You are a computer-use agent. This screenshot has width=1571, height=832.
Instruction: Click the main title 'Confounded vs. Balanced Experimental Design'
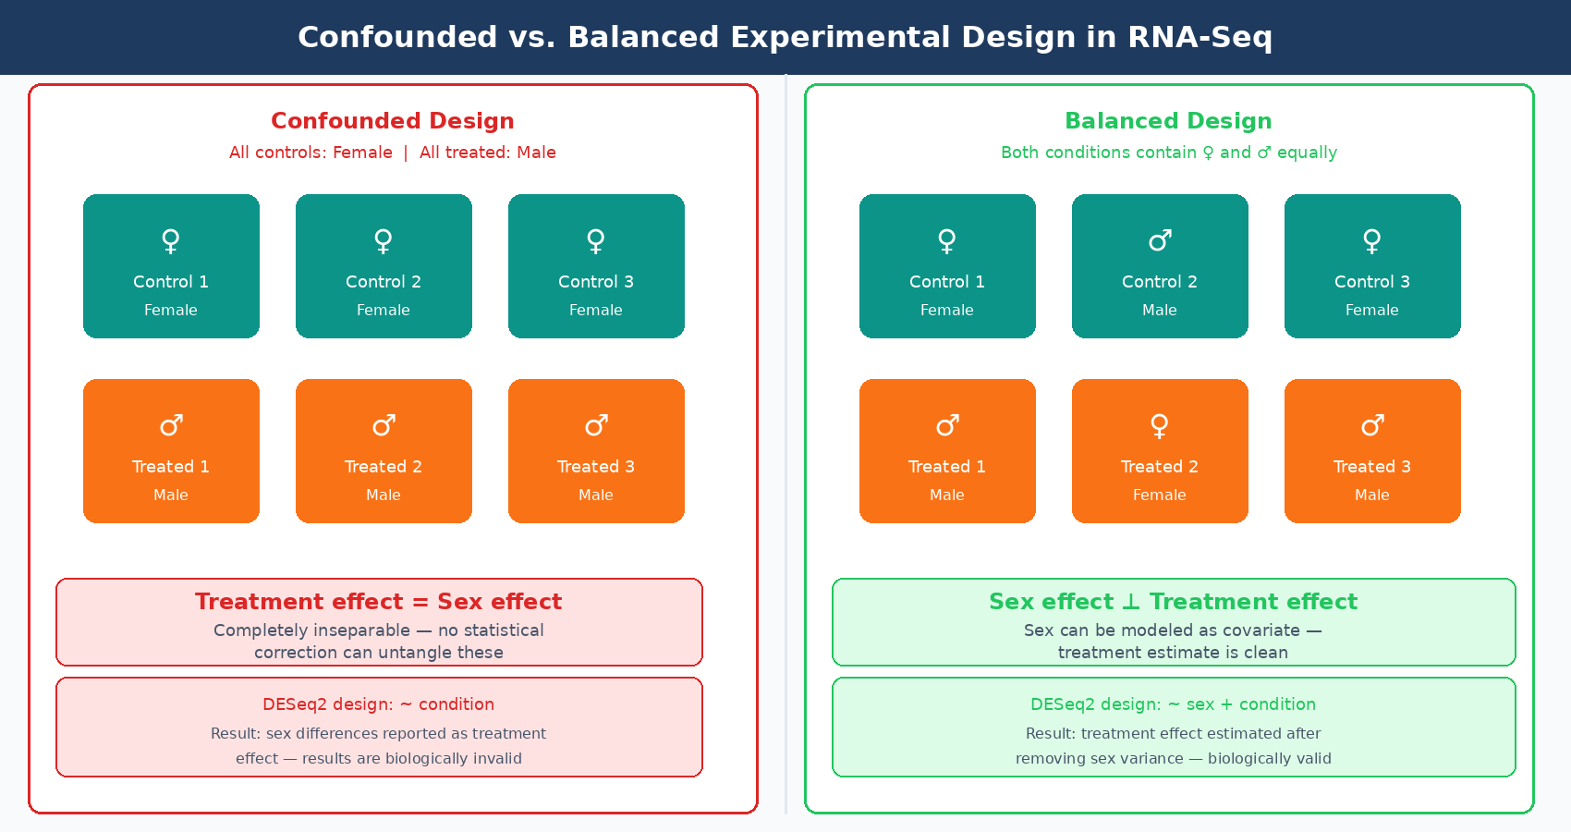[x=785, y=37]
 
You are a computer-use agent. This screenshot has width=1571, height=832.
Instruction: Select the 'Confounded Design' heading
[x=392, y=121]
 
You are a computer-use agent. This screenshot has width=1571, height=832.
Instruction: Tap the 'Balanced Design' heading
[x=1168, y=121]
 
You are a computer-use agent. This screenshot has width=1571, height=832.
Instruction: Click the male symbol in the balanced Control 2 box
[x=1160, y=240]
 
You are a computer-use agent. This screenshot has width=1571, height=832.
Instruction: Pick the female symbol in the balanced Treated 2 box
[x=1159, y=425]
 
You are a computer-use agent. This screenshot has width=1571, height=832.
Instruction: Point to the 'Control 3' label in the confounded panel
[x=596, y=282]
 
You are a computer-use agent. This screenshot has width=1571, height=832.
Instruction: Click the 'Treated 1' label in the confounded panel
[x=171, y=467]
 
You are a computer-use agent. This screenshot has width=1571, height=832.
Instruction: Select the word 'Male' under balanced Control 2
[x=1159, y=311]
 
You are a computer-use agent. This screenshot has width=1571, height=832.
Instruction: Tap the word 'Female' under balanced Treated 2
[x=1159, y=496]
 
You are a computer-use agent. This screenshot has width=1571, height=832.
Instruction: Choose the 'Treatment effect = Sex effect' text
[x=378, y=602]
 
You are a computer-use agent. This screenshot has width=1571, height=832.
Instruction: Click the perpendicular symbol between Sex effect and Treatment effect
[x=1131, y=602]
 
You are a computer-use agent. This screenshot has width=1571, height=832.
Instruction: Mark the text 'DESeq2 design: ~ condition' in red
[x=378, y=704]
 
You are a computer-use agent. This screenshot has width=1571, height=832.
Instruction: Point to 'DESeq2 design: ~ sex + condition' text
[x=1173, y=704]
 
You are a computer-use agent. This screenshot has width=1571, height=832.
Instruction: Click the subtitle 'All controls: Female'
[x=311, y=153]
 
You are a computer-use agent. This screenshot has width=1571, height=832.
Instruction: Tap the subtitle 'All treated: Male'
[x=487, y=153]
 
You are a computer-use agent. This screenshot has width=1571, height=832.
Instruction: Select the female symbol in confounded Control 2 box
[x=384, y=240]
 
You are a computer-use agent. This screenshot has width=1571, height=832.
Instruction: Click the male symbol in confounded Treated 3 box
[x=596, y=425]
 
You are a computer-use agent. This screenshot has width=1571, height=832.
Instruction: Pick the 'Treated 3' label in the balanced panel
[x=1371, y=467]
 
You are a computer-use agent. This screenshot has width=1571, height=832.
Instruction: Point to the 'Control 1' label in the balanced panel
[x=946, y=282]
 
